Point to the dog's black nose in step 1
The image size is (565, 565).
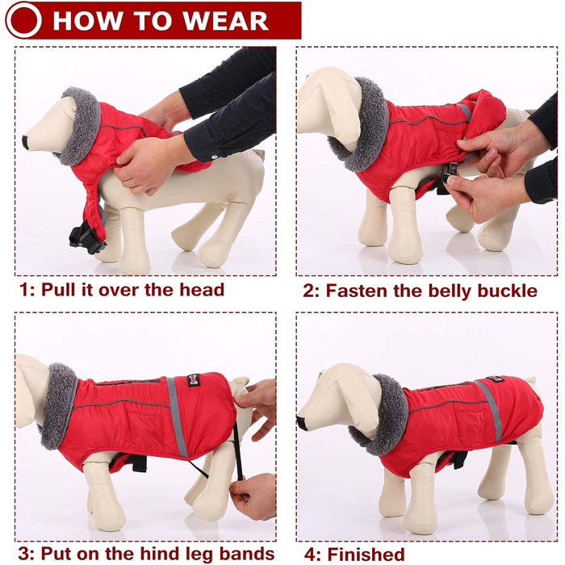click(x=26, y=142)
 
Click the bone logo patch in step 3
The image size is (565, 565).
click(x=194, y=380)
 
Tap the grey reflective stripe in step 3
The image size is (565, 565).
click(x=177, y=416)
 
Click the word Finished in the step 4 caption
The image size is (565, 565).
click(x=366, y=555)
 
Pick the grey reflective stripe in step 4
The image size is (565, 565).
click(x=490, y=410)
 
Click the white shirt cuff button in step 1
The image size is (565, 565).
click(x=215, y=157)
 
